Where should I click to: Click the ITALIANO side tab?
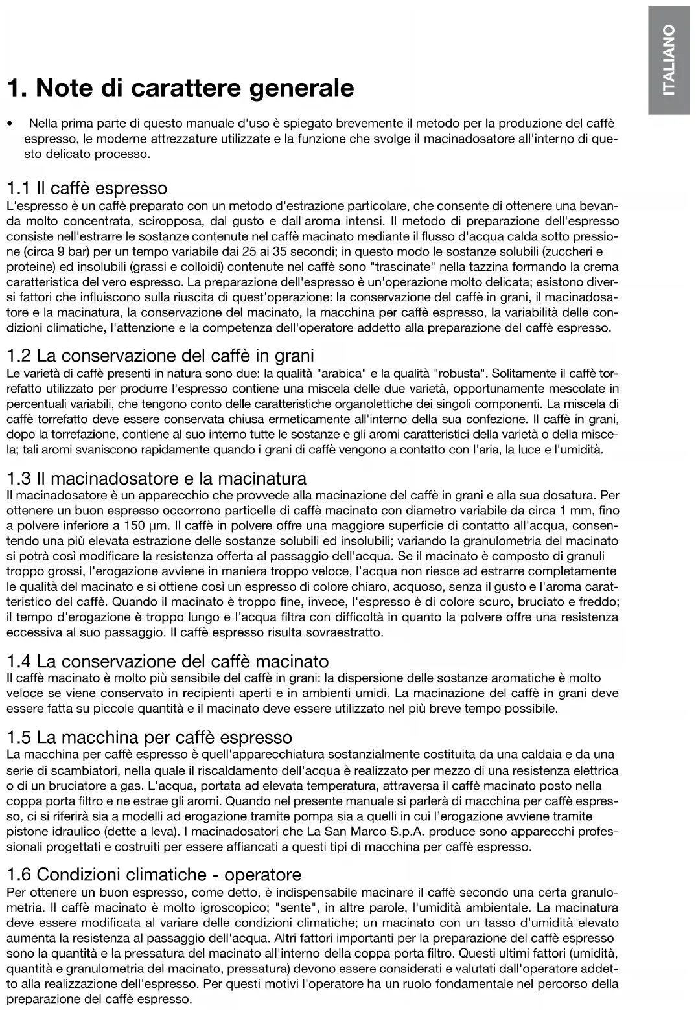click(668, 60)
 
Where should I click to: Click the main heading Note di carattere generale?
click(180, 87)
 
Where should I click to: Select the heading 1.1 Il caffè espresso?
click(86, 189)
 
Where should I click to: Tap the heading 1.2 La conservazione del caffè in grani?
click(160, 356)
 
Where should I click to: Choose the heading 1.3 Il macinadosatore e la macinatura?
click(156, 479)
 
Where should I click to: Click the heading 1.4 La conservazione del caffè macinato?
click(167, 661)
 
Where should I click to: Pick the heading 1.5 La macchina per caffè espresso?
click(149, 737)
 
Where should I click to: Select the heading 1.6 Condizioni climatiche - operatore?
click(154, 875)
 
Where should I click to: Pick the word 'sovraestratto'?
click(349, 632)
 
